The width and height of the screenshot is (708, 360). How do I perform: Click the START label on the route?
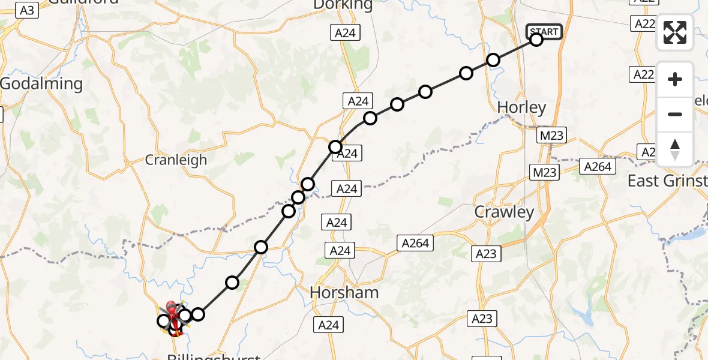[x=544, y=31]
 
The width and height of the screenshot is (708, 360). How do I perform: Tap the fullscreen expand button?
[x=675, y=32]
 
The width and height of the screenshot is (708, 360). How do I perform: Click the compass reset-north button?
[x=675, y=149]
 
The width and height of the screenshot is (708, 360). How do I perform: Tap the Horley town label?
[x=522, y=108]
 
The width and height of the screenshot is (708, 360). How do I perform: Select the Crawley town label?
[x=504, y=212]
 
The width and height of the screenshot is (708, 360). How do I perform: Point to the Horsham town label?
[x=344, y=293]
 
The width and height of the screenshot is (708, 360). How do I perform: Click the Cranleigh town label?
[x=176, y=160]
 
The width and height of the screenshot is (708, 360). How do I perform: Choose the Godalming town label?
[x=41, y=84]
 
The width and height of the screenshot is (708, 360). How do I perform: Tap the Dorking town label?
[x=343, y=5]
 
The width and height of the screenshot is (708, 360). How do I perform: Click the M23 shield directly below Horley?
[x=551, y=136]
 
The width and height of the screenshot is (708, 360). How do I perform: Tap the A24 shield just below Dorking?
[x=346, y=34]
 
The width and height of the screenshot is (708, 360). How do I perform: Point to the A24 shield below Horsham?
[x=328, y=325]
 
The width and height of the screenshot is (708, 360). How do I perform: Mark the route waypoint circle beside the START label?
[x=536, y=40]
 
